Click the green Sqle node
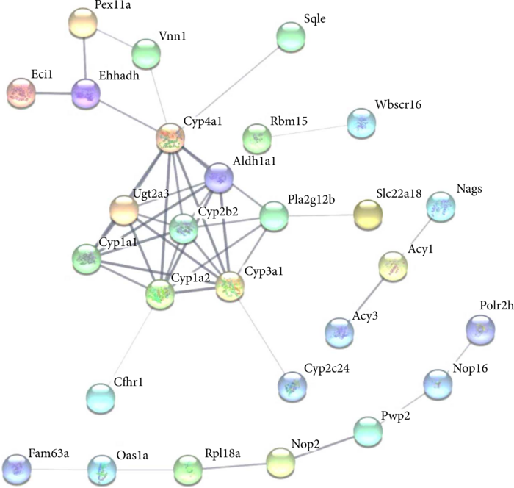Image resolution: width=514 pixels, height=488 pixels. (x=292, y=37)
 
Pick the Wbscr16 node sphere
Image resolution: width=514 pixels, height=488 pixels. (x=361, y=122)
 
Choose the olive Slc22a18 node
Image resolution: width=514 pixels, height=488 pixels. (x=367, y=214)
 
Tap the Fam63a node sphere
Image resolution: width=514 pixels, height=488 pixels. (x=17, y=468)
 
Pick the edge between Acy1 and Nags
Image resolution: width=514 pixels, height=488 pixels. (x=419, y=236)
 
